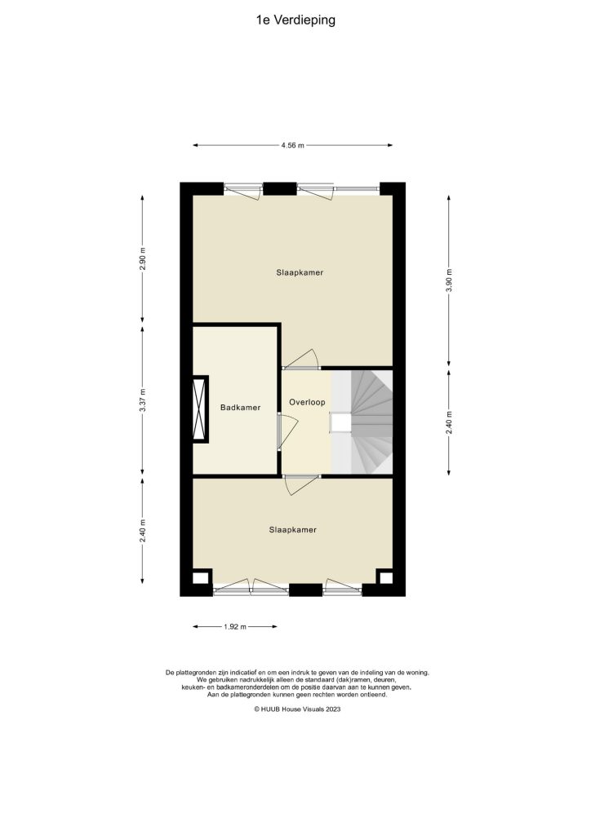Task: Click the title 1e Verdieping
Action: coord(295,20)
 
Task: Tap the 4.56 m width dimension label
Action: coord(292,146)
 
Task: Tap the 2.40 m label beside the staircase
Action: coord(449,421)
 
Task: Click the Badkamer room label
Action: coord(240,408)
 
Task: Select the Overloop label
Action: coord(306,403)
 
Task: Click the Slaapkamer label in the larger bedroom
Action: coord(299,272)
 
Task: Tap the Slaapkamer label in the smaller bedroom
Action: coord(292,529)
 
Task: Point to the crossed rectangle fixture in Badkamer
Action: coord(199,409)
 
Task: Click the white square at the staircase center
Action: coord(340,422)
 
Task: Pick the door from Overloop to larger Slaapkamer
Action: coord(302,361)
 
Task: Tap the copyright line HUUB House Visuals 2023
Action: coord(296,710)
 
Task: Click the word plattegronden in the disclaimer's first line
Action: coord(201,673)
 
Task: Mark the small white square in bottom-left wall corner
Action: coord(200,579)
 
